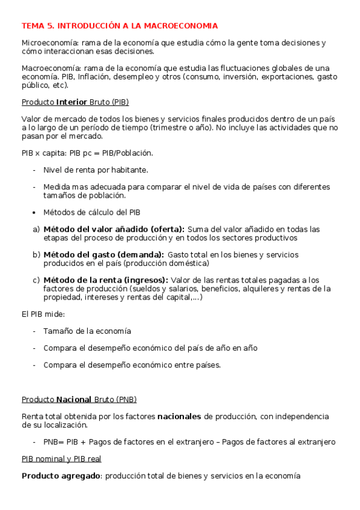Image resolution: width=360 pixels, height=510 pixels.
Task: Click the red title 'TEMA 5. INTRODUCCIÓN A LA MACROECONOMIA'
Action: pos(120,26)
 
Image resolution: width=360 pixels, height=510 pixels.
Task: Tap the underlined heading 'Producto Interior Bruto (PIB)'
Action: pos(75,102)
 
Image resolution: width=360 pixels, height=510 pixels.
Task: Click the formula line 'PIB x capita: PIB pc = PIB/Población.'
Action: pos(87,153)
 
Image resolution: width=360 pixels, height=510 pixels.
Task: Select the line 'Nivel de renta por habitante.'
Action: pos(95,170)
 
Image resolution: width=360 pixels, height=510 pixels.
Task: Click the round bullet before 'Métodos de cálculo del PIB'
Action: pos(35,212)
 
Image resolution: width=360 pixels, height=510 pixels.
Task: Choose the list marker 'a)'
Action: pos(36,229)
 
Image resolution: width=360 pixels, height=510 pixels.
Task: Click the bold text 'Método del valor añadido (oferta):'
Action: pos(114,229)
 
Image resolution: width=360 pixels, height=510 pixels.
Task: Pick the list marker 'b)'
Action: pos(36,254)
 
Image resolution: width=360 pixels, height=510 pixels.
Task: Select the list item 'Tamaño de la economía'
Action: pos(87,331)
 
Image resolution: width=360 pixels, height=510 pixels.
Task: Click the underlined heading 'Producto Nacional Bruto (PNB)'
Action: pos(79,399)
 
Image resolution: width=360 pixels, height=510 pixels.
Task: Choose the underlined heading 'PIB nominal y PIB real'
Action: pos(61,459)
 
